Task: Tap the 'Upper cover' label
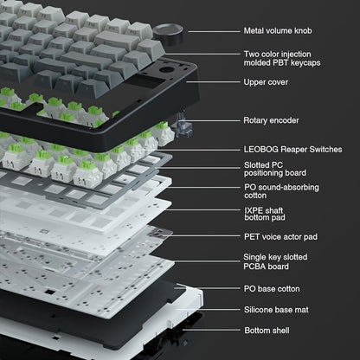[x=266, y=83]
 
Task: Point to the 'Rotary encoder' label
[x=271, y=120]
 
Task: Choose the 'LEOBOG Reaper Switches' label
[x=290, y=147]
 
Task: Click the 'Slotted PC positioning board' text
[x=274, y=169]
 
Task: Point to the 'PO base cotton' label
[x=273, y=287]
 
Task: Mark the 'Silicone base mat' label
[x=276, y=309]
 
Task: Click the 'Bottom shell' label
[x=267, y=330]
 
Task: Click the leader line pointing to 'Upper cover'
[x=216, y=83]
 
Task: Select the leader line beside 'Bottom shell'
[x=216, y=330]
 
